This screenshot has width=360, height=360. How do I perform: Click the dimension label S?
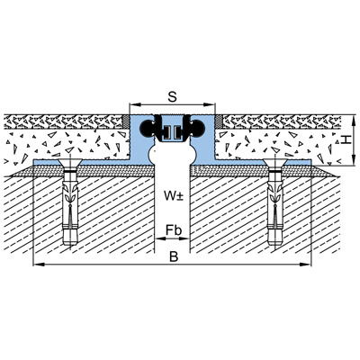click(172, 97)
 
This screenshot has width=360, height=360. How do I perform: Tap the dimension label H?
click(346, 139)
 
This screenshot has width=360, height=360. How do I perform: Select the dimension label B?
click(174, 256)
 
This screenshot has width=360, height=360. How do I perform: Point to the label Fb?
click(174, 230)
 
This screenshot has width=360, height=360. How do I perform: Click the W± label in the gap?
click(174, 195)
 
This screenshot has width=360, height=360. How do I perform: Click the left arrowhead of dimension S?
click(134, 104)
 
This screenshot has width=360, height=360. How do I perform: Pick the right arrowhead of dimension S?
click(211, 104)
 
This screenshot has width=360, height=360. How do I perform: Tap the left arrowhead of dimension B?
click(38, 265)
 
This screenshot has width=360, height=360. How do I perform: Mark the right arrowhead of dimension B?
click(306, 265)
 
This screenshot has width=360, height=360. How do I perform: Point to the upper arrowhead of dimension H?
click(354, 119)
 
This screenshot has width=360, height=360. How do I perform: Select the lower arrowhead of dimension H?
click(354, 161)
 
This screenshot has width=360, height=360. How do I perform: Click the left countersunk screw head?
click(70, 164)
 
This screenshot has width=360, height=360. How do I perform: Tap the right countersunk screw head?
click(275, 164)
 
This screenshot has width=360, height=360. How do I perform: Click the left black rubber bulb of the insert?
click(147, 128)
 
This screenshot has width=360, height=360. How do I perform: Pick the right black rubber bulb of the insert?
click(197, 128)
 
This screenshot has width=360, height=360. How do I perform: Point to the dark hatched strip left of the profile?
click(127, 121)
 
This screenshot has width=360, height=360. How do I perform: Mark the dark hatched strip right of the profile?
click(218, 121)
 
